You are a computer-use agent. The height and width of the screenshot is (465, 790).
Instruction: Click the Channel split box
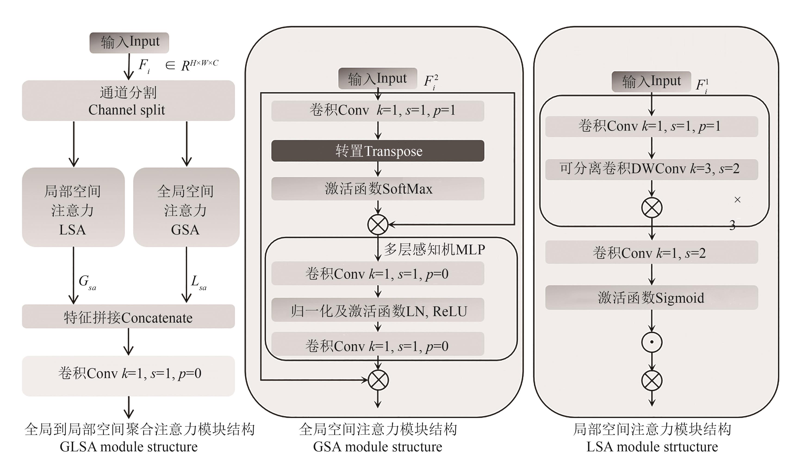point(128,101)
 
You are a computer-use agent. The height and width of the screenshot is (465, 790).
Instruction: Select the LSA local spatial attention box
point(73,207)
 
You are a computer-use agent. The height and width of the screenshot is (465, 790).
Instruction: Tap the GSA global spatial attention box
point(186,207)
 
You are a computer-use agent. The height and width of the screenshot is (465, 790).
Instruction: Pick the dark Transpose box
point(377,151)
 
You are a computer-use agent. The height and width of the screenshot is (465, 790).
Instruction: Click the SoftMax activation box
point(377,189)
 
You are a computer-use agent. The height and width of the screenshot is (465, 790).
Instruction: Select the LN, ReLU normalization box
point(377,311)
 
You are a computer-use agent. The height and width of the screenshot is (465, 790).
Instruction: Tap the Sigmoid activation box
point(651,297)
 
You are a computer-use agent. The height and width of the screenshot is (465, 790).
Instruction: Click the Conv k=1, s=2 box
point(651,252)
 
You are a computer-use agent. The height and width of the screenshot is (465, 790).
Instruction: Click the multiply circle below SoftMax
point(378,224)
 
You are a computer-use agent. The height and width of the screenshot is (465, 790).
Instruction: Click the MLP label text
point(434,249)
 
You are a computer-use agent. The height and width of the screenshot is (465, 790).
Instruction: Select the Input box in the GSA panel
point(377,79)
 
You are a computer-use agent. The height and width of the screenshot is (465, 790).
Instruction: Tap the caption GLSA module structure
point(128,447)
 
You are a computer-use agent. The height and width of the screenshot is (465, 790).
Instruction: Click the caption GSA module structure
point(377,447)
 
